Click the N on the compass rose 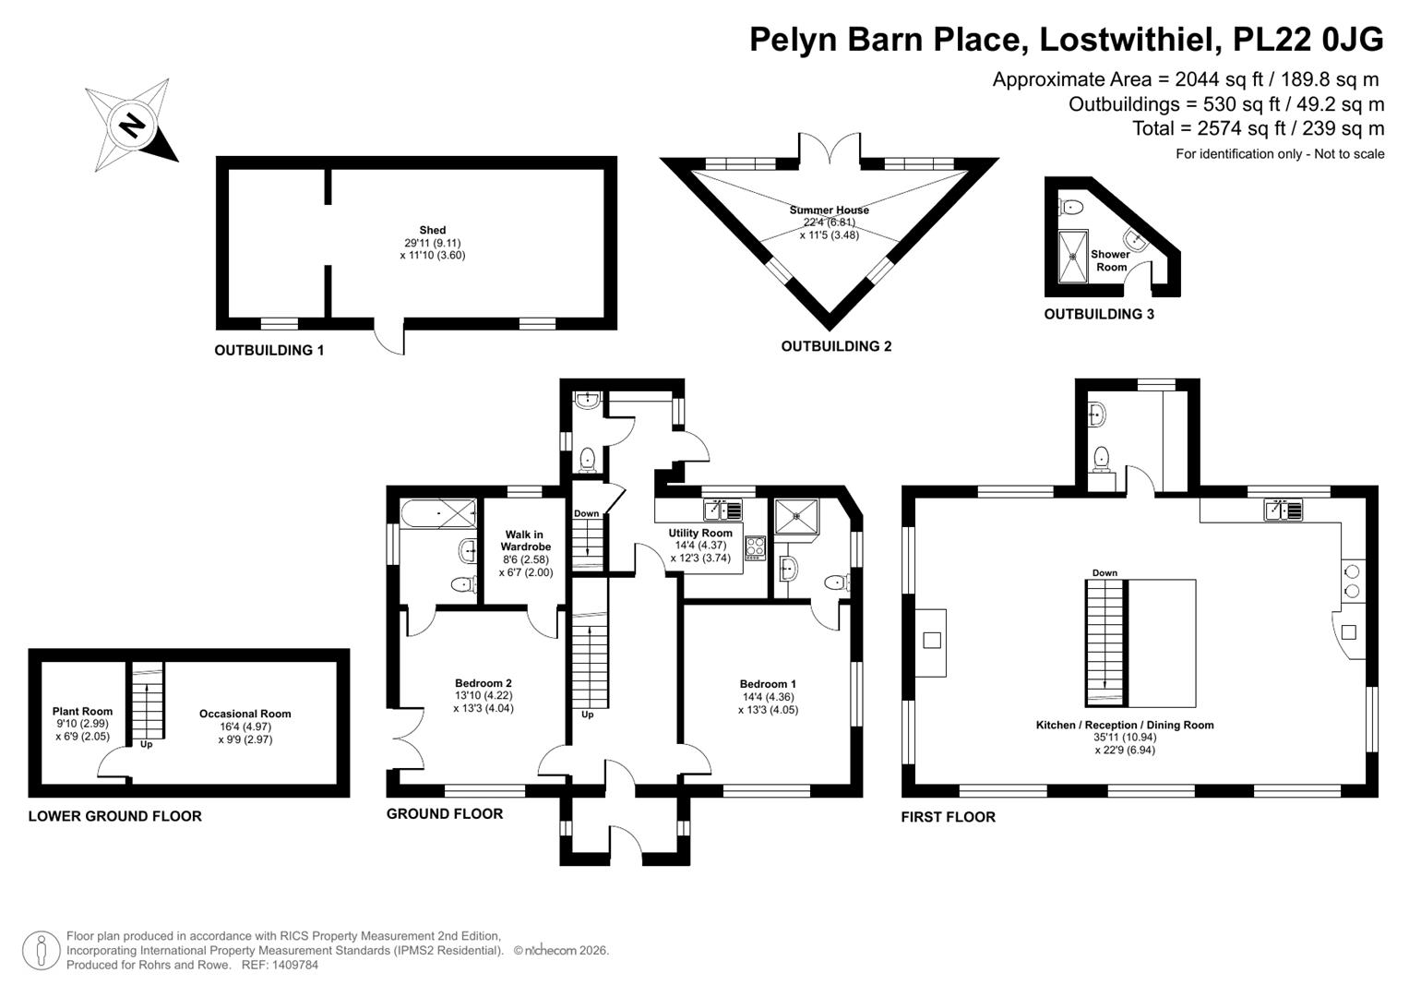[132, 125]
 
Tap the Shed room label [433, 231]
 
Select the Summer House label [829, 210]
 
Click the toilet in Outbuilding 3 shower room [1070, 207]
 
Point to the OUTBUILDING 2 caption [836, 346]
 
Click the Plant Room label [82, 712]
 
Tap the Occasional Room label [245, 714]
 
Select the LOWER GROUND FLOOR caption [115, 816]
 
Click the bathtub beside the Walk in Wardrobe [438, 513]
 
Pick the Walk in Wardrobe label [525, 541]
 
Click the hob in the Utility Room [756, 548]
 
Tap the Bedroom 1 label [768, 684]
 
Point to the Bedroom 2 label [484, 683]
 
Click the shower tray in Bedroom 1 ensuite [796, 517]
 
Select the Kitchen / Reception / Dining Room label [1125, 725]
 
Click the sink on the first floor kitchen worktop [1284, 510]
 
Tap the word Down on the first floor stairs [1105, 572]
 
